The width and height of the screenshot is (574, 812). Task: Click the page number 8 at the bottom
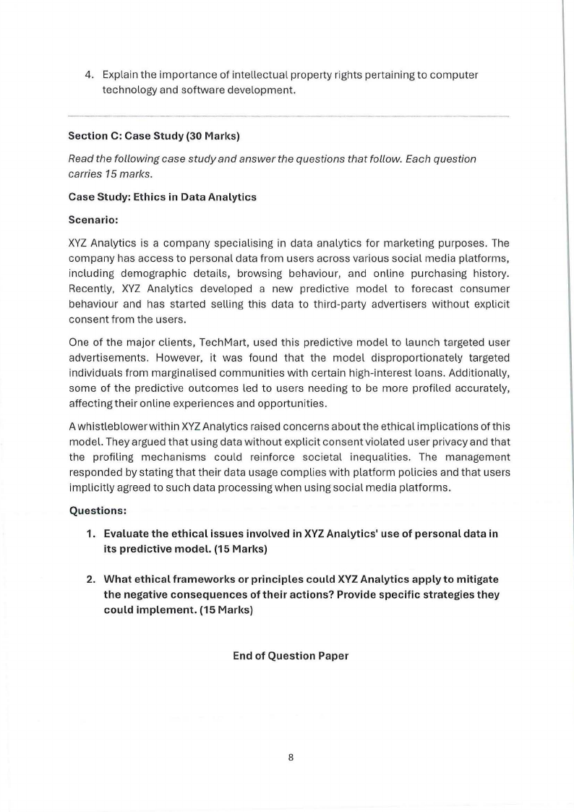[291, 758]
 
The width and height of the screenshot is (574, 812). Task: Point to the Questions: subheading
[98, 510]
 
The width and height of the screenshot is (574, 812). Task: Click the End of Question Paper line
[291, 656]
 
